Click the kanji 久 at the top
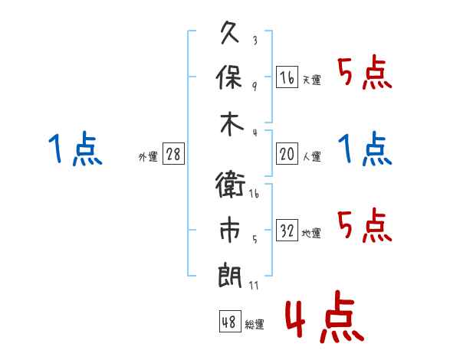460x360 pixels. pyautogui.click(x=230, y=32)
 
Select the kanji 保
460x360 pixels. pyautogui.click(x=229, y=77)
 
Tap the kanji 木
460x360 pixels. pyautogui.click(x=232, y=123)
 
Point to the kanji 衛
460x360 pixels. pyautogui.click(x=230, y=185)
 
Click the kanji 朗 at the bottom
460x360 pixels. pyautogui.click(x=230, y=276)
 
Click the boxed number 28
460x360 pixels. pyautogui.click(x=173, y=153)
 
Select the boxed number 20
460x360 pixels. pyautogui.click(x=287, y=153)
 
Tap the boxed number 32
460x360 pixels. pyautogui.click(x=287, y=230)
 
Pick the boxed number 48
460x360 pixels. pyautogui.click(x=230, y=321)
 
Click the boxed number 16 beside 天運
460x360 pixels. pyautogui.click(x=287, y=77)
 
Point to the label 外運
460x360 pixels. pyautogui.click(x=148, y=156)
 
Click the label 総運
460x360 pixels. pyautogui.click(x=255, y=324)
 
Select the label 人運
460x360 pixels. pyautogui.click(x=312, y=156)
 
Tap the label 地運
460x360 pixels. pyautogui.click(x=311, y=234)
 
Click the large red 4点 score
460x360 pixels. pyautogui.click(x=325, y=316)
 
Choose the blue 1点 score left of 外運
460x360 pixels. pyautogui.click(x=75, y=149)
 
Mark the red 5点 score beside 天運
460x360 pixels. pyautogui.click(x=365, y=72)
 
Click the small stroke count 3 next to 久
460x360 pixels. pyautogui.click(x=255, y=41)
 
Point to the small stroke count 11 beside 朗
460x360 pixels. pyautogui.click(x=254, y=285)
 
